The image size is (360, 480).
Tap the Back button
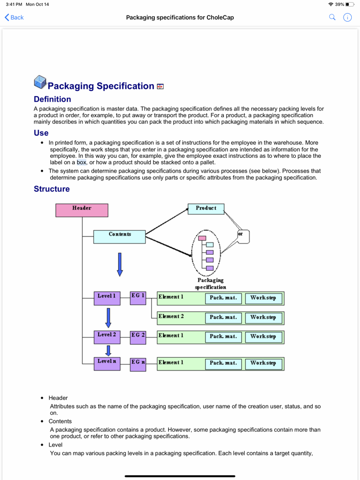[14, 17]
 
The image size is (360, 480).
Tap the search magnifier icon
[332, 17]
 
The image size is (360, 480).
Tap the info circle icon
[348, 17]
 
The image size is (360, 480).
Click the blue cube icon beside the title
[40, 82]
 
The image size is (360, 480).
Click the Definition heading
[52, 99]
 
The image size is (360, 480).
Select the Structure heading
[52, 189]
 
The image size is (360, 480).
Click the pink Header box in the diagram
[82, 210]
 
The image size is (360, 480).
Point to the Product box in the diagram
[206, 209]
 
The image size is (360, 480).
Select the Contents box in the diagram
[119, 236]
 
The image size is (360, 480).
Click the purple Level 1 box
[106, 298]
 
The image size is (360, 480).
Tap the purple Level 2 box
[106, 337]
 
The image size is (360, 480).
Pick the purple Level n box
[106, 363]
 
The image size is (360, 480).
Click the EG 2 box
[138, 337]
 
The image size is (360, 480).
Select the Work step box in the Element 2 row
[263, 318]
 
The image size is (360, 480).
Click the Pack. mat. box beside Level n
[223, 363]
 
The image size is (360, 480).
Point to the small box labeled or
[243, 236]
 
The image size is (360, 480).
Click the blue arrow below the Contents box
[120, 263]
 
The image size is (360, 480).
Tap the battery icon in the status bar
[350, 4]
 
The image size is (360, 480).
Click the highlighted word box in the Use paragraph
[82, 162]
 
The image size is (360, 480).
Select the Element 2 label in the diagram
[171, 317]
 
